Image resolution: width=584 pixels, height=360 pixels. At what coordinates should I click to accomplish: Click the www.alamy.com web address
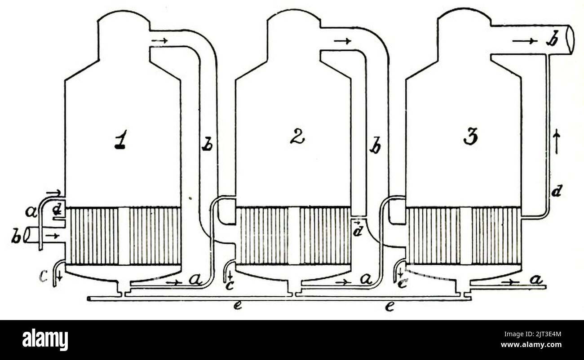[x=531, y=345]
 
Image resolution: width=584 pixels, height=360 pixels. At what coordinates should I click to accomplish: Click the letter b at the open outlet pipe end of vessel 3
[x=552, y=41]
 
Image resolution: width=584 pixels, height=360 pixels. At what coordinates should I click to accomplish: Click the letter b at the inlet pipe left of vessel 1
[x=17, y=237]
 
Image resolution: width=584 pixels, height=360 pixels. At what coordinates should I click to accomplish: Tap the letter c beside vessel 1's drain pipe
[x=44, y=278]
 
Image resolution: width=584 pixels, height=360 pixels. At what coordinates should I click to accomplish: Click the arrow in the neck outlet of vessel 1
[x=160, y=40]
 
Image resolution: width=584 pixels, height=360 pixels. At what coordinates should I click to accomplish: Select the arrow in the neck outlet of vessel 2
[x=343, y=41]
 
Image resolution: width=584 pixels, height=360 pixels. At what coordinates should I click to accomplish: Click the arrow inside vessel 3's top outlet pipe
[x=525, y=41]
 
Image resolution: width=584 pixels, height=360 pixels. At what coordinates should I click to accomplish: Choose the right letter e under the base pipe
[x=389, y=307]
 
